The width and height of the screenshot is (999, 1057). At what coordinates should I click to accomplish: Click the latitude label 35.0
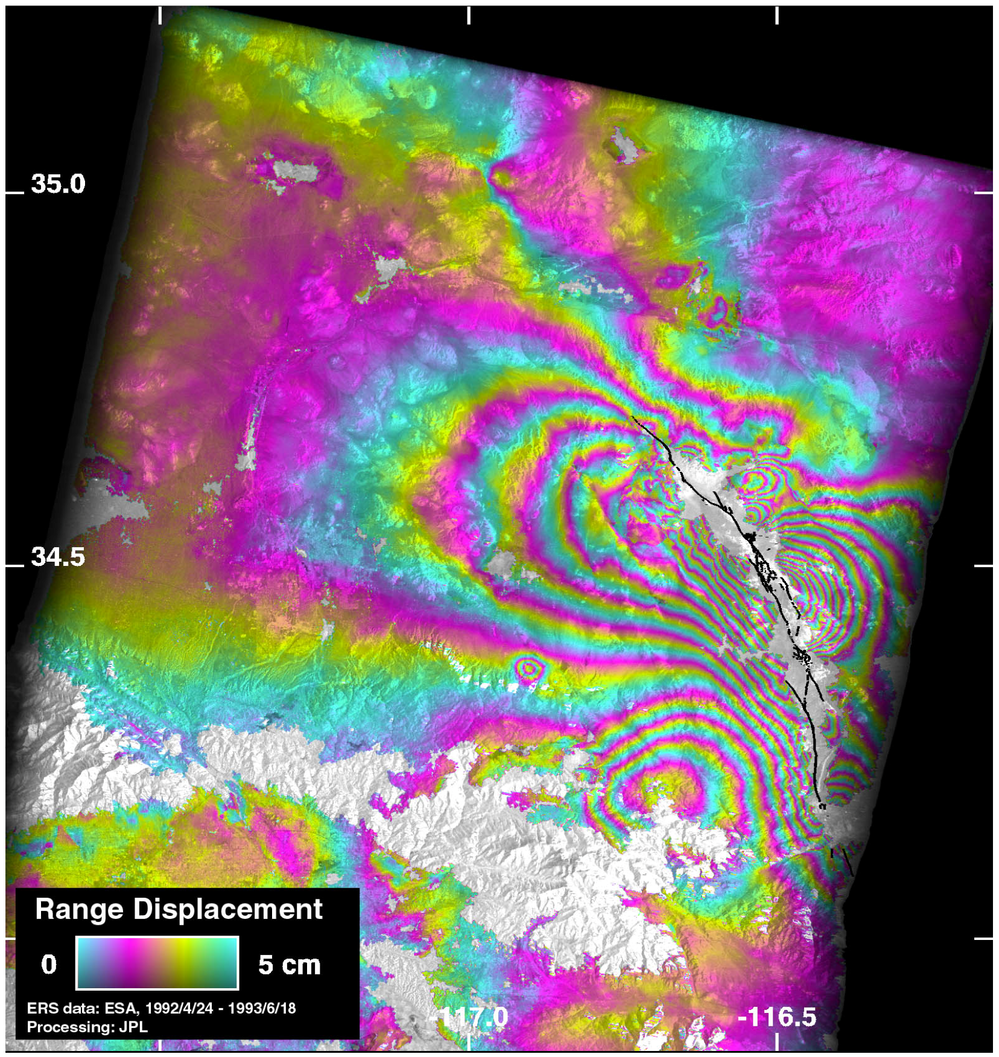(58, 184)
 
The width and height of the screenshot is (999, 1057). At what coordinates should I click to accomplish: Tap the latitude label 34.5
(58, 557)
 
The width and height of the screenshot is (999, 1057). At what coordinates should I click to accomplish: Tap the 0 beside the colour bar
(49, 965)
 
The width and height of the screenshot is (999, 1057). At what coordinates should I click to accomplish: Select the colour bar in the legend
(157, 963)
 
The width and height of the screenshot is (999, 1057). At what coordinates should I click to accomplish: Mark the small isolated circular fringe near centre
(528, 668)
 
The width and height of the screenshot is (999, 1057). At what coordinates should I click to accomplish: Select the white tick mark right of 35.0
(983, 193)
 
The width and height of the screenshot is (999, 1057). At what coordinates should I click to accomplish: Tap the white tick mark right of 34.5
(983, 566)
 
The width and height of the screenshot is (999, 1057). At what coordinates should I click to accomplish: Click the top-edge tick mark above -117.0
(469, 16)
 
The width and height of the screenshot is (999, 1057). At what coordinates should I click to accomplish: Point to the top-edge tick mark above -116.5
(776, 16)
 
